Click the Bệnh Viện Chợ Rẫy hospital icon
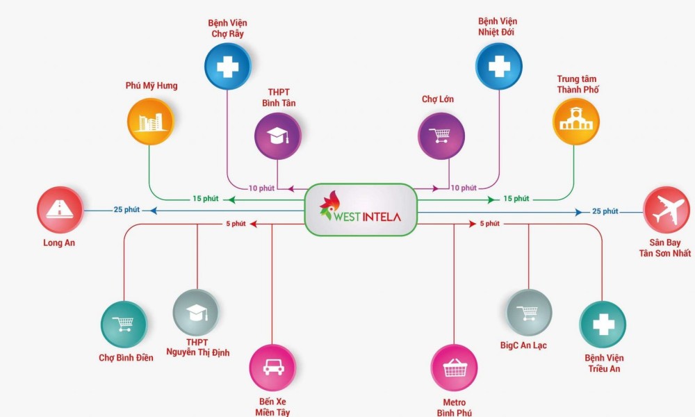pyautogui.click(x=227, y=67)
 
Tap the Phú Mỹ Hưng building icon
pyautogui.click(x=150, y=121)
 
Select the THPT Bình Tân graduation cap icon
pyautogui.click(x=277, y=137)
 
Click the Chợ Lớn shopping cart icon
pyautogui.click(x=441, y=136)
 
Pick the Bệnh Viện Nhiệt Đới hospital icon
pyautogui.click(x=498, y=67)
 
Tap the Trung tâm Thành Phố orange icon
pyautogui.click(x=575, y=122)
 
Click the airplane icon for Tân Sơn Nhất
pyautogui.click(x=667, y=210)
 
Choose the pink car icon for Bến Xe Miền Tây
pyautogui.click(x=272, y=368)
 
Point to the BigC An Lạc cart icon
pyautogui.click(x=529, y=312)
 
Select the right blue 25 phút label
pyautogui.click(x=605, y=211)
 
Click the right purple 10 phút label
pyautogui.click(x=464, y=188)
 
